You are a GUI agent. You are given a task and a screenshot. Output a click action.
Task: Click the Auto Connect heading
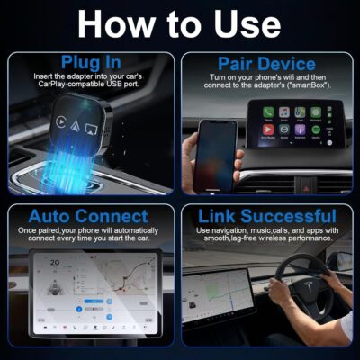click(88, 217)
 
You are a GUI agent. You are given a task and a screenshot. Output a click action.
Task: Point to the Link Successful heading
click(267, 217)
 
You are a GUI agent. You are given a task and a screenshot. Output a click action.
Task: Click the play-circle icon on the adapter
click(59, 121)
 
